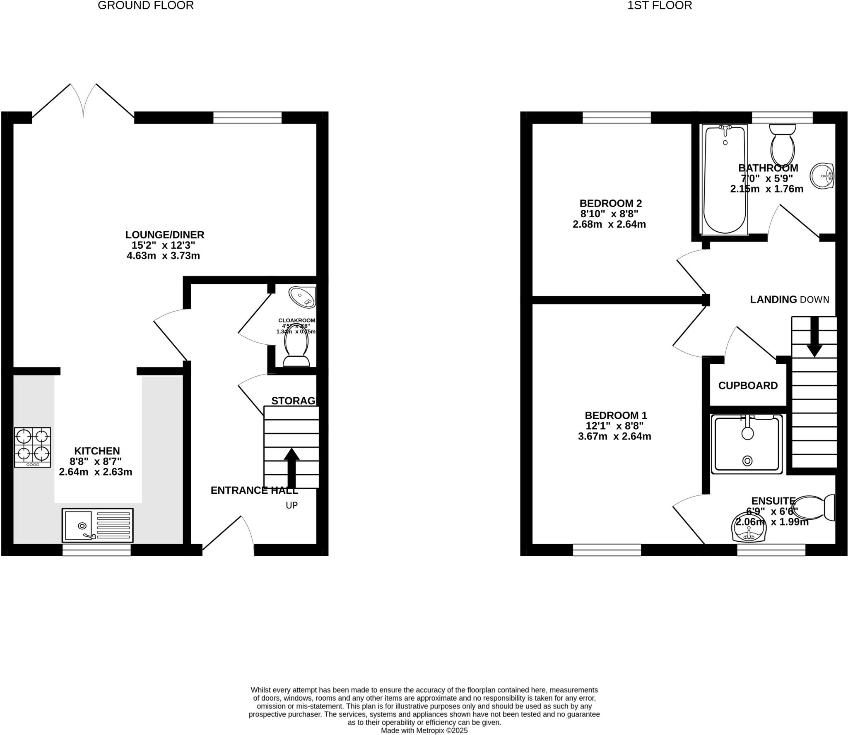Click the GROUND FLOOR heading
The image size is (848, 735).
146,5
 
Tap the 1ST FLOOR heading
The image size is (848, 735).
660,5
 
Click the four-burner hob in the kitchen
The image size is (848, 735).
32,447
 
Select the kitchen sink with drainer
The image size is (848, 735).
98,525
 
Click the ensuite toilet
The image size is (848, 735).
813,507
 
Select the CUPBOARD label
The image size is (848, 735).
748,385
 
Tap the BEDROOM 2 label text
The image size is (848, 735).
610,203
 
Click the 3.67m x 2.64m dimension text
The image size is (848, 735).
614,436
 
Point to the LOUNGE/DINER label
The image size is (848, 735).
165,235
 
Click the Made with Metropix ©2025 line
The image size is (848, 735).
424,730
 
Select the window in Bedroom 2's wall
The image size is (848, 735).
617,118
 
